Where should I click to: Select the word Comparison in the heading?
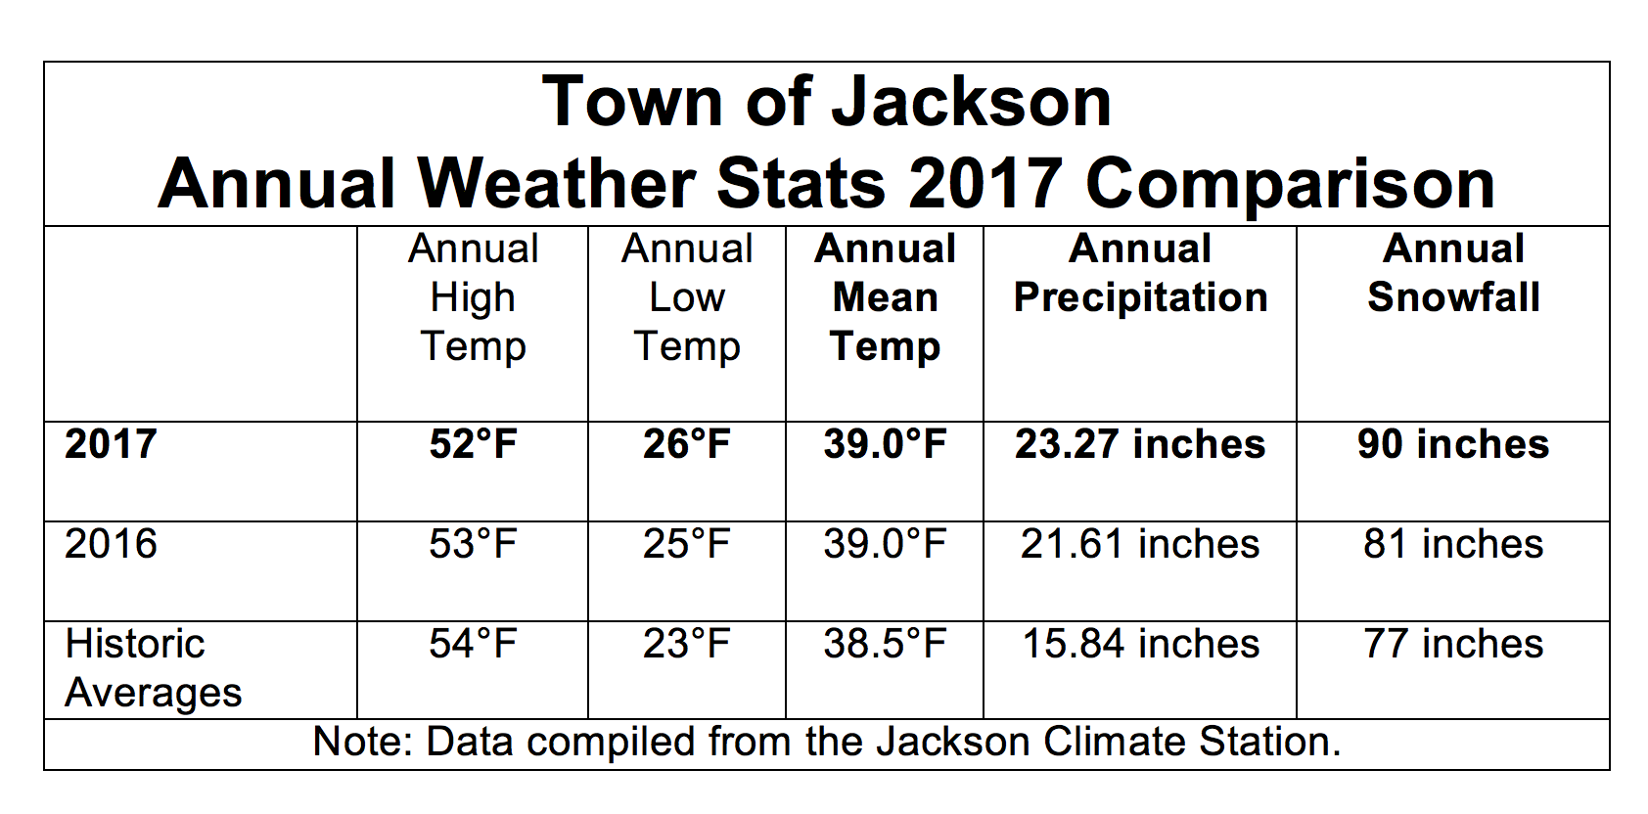pos(1290,184)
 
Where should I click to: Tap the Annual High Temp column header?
pos(473,297)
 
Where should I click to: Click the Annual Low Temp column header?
pos(687,297)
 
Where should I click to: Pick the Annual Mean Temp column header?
pos(885,297)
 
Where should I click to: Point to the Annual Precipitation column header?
pos(1140,274)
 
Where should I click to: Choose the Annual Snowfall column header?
pos(1453,274)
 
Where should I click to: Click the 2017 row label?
pos(111,444)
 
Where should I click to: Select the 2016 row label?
pos(111,544)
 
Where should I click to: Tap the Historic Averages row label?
pos(153,668)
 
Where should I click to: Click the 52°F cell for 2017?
pos(473,444)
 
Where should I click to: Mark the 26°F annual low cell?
pos(687,444)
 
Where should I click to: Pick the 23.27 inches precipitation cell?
pos(1140,444)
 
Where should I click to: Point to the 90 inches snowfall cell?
pos(1453,444)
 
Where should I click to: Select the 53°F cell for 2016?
pos(473,544)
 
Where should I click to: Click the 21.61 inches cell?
pos(1140,544)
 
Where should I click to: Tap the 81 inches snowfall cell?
pos(1453,544)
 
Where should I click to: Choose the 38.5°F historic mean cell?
pos(885,644)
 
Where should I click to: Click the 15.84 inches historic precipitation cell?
pos(1140,644)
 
